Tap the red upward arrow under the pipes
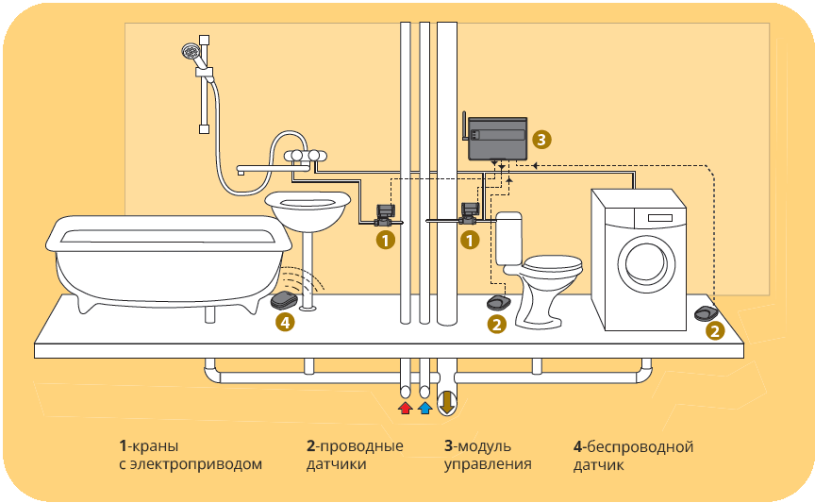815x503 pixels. (x=405, y=408)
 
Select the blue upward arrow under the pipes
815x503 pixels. (x=424, y=408)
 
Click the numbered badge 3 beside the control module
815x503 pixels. (x=540, y=139)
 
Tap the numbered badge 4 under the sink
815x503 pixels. (x=285, y=323)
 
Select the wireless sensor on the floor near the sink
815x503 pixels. (x=283, y=301)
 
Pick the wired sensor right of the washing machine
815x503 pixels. (x=705, y=312)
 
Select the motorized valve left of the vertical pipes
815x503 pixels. (x=384, y=214)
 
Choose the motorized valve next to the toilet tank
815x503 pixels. (x=469, y=213)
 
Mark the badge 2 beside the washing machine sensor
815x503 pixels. (x=715, y=331)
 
